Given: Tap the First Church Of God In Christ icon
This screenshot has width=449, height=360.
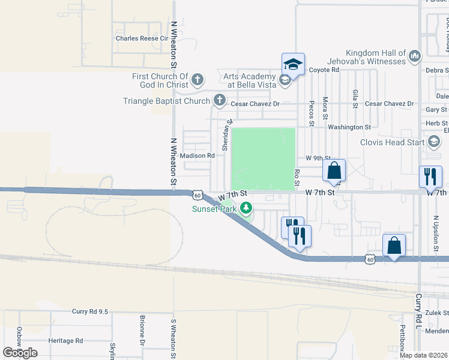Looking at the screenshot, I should coord(197,79).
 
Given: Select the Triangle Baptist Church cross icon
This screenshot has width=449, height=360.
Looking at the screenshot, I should coord(220,100).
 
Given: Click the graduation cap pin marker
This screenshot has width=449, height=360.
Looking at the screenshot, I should coord(293,64).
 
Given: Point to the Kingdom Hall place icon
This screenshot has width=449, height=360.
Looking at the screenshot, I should coord(414,57).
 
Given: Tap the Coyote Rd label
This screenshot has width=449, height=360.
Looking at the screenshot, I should coord(324,70).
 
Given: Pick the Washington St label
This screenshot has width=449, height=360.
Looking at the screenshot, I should coord(349,127).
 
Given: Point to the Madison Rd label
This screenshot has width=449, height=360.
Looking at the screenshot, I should coord(197,155).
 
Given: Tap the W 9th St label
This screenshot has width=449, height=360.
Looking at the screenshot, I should coord(318,158).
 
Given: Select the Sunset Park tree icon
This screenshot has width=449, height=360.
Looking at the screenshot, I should coord(246,209).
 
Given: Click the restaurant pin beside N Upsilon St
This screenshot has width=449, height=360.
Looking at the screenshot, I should coord(430,176).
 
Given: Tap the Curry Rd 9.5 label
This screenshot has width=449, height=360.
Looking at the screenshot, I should coord(89,311).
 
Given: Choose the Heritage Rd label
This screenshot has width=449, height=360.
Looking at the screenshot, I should coord(66,341).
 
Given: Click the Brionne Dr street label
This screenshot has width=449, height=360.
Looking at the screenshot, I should coord(143,338).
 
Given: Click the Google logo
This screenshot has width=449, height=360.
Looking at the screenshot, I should coord(20,352).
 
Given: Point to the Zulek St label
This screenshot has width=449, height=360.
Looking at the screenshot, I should coord(436,313).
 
